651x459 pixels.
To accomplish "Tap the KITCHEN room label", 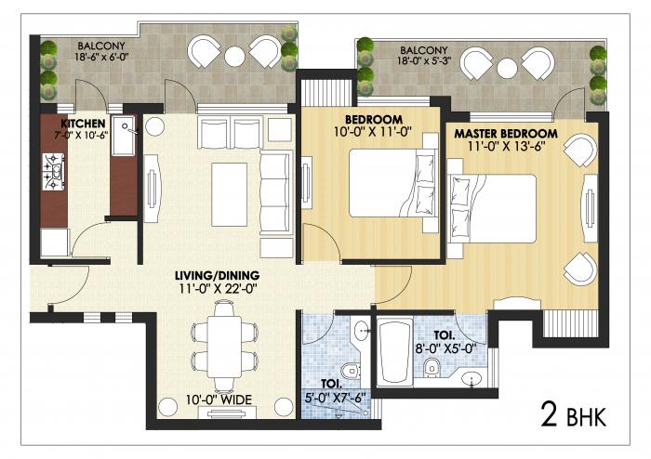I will [82, 123].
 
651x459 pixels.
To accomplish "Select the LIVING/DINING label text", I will [217, 276].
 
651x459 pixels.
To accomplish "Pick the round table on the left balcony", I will [232, 56].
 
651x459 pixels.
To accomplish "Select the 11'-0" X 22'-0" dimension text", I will [217, 289].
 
